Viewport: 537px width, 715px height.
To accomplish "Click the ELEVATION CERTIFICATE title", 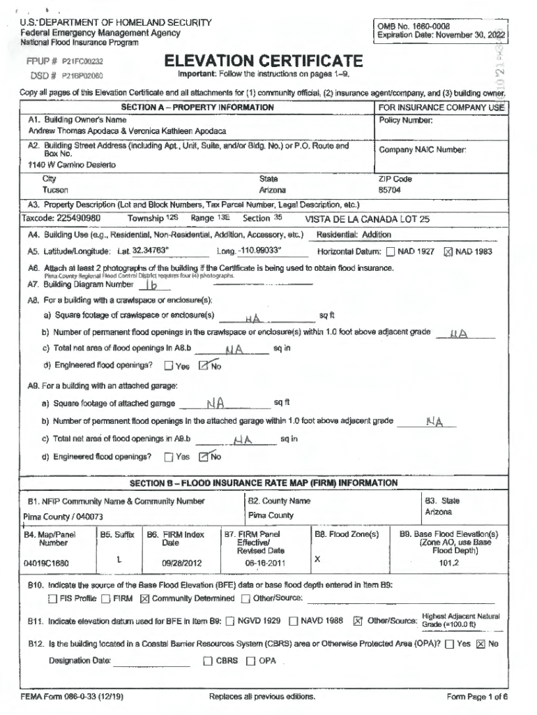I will [263, 61].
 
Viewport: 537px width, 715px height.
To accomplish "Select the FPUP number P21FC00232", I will [82, 61].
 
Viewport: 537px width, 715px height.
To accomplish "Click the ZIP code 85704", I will [389, 190].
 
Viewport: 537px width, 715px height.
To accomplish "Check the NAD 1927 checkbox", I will [391, 252].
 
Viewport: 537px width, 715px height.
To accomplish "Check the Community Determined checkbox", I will [145, 598].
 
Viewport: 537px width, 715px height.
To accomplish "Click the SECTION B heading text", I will [264, 483].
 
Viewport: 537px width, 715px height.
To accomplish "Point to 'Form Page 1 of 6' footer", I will [477, 697].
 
